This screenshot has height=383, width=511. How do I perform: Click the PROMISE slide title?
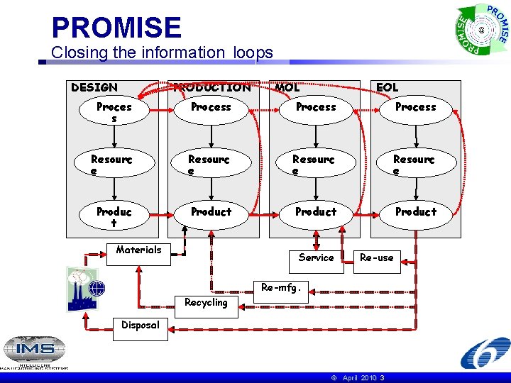pos(116,28)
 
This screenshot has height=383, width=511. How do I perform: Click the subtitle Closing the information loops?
pos(162,52)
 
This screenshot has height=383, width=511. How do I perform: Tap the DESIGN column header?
pos(94,87)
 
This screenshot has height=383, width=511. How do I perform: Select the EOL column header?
pos(388,87)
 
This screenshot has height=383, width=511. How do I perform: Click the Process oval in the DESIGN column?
pos(114,112)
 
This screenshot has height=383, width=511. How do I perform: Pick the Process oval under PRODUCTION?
pos(211,107)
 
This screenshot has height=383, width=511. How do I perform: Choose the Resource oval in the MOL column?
pos(314,165)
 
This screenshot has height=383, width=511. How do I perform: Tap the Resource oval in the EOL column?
pos(414,165)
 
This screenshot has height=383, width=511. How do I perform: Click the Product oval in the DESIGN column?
pos(114,216)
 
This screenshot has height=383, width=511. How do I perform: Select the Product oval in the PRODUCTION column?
pos(211,211)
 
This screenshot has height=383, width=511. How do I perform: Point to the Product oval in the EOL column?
pos(416,211)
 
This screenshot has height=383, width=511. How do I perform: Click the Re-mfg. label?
pos(281,288)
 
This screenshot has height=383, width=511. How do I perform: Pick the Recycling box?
pos(206,302)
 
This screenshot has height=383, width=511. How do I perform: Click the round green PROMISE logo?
pos(481,30)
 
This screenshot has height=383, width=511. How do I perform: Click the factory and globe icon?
pos(86,289)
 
